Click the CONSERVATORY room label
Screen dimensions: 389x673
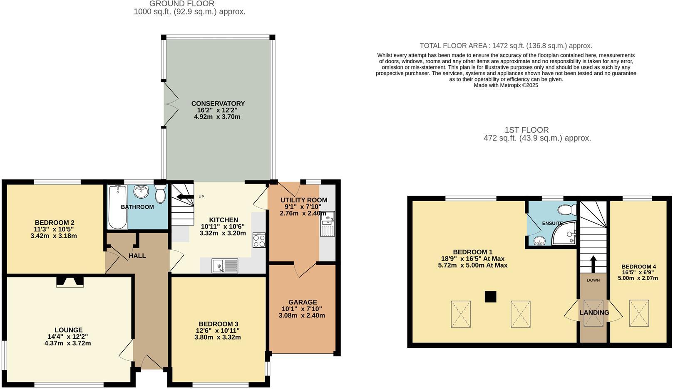pos(218,103)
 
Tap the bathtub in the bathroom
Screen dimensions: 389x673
pos(117,207)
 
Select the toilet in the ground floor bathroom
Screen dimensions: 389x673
pos(160,194)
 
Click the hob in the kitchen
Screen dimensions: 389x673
pos(259,240)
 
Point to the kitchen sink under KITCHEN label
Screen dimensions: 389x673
pos(225,266)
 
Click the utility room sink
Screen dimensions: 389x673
pos(327,224)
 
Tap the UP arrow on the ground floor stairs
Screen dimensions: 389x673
pos(185,197)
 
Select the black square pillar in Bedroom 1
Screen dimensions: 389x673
pos(491,297)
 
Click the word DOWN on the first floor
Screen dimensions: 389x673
pos(593,280)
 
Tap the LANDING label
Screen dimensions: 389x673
pos(594,313)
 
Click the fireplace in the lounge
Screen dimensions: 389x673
pos(70,282)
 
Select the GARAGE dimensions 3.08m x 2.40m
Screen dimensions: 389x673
pos(301,315)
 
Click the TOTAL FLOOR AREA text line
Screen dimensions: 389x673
pos(505,46)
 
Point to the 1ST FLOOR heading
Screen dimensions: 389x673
pos(526,130)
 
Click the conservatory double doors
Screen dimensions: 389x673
pos(167,104)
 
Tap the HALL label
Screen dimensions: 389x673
pos(137,256)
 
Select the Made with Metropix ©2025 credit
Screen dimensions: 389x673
pos(506,85)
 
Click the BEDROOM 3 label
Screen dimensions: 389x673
pos(218,324)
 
